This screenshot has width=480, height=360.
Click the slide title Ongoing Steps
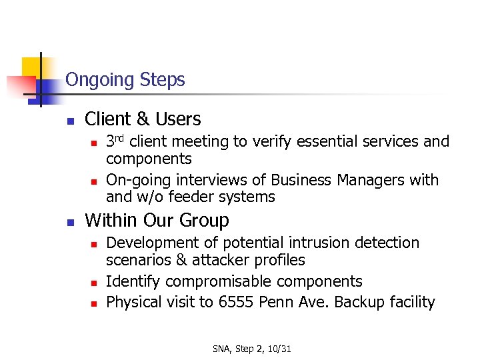pyautogui.click(x=125, y=80)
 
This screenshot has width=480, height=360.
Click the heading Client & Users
pyautogui.click(x=143, y=119)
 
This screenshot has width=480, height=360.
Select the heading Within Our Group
pyautogui.click(x=157, y=221)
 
